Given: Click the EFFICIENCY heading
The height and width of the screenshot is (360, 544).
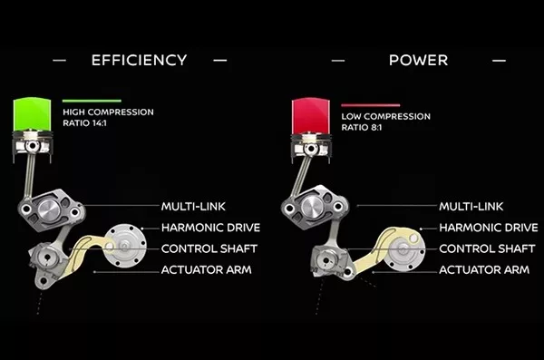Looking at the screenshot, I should click(x=139, y=61).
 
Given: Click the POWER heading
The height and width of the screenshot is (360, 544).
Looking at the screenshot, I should click(x=418, y=61).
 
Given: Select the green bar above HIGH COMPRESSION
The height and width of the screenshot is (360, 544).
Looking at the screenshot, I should click(x=92, y=101).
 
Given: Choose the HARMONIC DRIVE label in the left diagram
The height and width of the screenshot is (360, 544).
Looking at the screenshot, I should click(x=208, y=228).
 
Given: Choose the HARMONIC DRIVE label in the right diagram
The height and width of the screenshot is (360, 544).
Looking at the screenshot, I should click(x=487, y=228).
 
